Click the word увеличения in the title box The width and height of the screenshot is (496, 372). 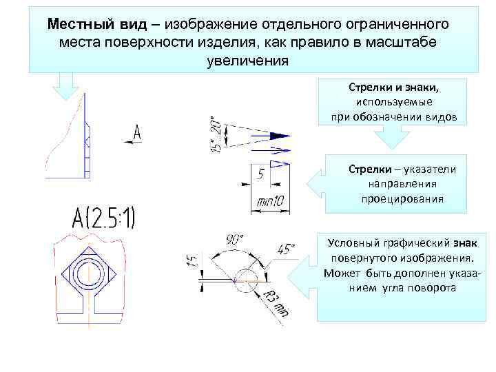click(246, 60)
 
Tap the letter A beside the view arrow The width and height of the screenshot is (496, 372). click(137, 134)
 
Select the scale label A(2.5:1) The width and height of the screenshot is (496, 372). click(104, 218)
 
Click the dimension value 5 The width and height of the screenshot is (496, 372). click(260, 175)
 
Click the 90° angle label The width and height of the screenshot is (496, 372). click(234, 240)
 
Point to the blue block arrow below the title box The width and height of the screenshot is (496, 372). click(67, 88)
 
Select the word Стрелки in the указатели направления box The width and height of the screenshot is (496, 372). click(369, 169)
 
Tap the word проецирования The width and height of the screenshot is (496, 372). click(402, 199)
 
